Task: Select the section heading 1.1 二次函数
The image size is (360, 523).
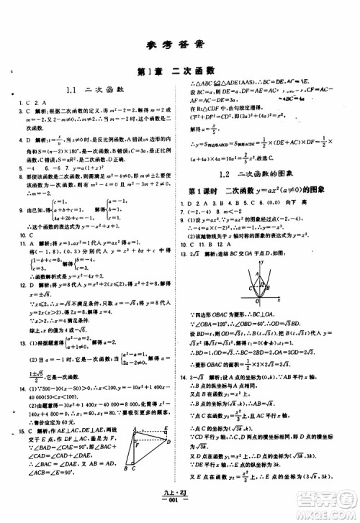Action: tap(95, 91)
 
